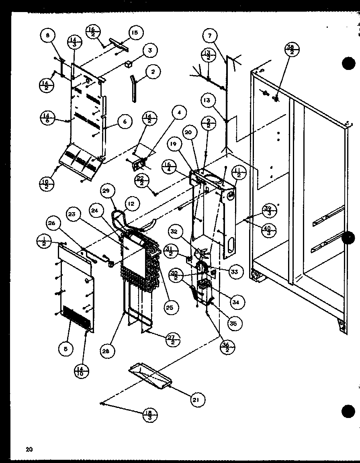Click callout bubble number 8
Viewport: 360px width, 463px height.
(x=48, y=35)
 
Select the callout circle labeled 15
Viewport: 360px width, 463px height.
(x=135, y=33)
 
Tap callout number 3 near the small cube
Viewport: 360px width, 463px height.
(x=150, y=51)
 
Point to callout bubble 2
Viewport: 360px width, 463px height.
(x=153, y=73)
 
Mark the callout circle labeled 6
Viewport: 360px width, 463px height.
(x=125, y=121)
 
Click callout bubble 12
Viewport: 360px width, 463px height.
(x=130, y=205)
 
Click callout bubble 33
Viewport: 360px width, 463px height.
(x=234, y=272)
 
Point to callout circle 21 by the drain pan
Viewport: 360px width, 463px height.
(x=197, y=399)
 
